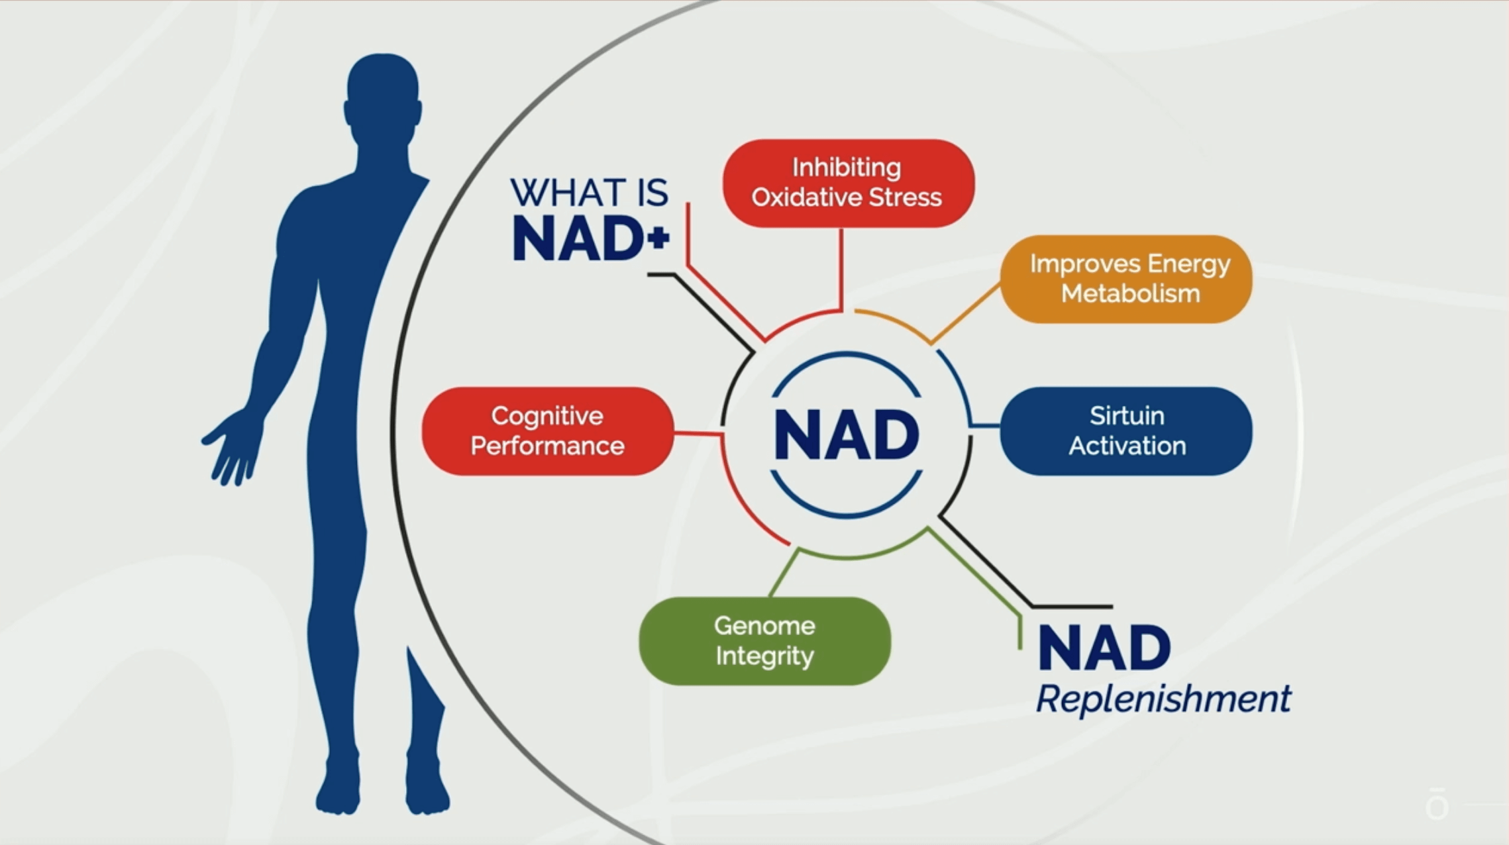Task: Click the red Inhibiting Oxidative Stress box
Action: pyautogui.click(x=848, y=183)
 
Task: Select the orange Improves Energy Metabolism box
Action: pyautogui.click(x=1125, y=279)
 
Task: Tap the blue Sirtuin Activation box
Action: pyautogui.click(x=1125, y=431)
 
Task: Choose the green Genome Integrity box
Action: pyautogui.click(x=764, y=640)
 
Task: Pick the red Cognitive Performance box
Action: pyautogui.click(x=547, y=431)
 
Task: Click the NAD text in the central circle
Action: pyautogui.click(x=846, y=435)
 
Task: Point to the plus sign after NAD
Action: pyautogui.click(x=658, y=237)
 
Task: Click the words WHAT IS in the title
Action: pyautogui.click(x=589, y=193)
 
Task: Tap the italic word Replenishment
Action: pyautogui.click(x=1163, y=699)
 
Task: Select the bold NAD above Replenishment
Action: pyautogui.click(x=1104, y=648)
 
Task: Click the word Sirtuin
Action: pyautogui.click(x=1127, y=416)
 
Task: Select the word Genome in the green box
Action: pyautogui.click(x=764, y=626)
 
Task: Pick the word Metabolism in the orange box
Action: pyautogui.click(x=1130, y=293)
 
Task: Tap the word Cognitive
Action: pyautogui.click(x=547, y=416)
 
